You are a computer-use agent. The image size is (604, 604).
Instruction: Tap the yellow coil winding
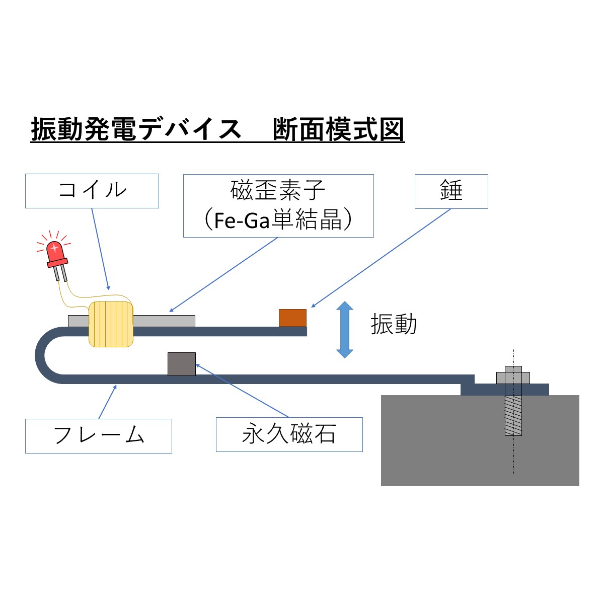[111, 324]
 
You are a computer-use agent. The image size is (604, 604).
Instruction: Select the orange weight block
[292, 318]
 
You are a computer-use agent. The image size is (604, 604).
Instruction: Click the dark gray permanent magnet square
[182, 364]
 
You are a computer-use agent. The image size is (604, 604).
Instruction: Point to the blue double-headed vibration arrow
[344, 329]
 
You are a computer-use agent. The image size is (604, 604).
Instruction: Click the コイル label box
[92, 191]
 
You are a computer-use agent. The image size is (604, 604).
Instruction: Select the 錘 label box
[451, 191]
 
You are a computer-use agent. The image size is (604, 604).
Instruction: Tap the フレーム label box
[99, 436]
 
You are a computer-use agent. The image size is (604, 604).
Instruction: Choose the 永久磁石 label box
[289, 434]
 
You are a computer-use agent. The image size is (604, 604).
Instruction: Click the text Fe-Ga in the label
[242, 220]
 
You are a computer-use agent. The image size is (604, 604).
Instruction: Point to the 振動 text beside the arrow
[394, 324]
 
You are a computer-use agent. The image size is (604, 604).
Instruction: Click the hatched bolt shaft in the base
[513, 415]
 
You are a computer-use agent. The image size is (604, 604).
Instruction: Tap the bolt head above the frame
[513, 375]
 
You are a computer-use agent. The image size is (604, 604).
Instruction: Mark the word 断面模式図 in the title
[338, 129]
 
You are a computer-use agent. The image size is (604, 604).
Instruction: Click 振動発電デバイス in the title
[136, 129]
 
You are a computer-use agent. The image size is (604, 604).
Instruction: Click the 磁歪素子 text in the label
[278, 190]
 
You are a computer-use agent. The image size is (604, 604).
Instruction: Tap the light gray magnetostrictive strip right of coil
[164, 321]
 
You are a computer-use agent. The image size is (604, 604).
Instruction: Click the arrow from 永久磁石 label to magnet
[242, 391]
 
